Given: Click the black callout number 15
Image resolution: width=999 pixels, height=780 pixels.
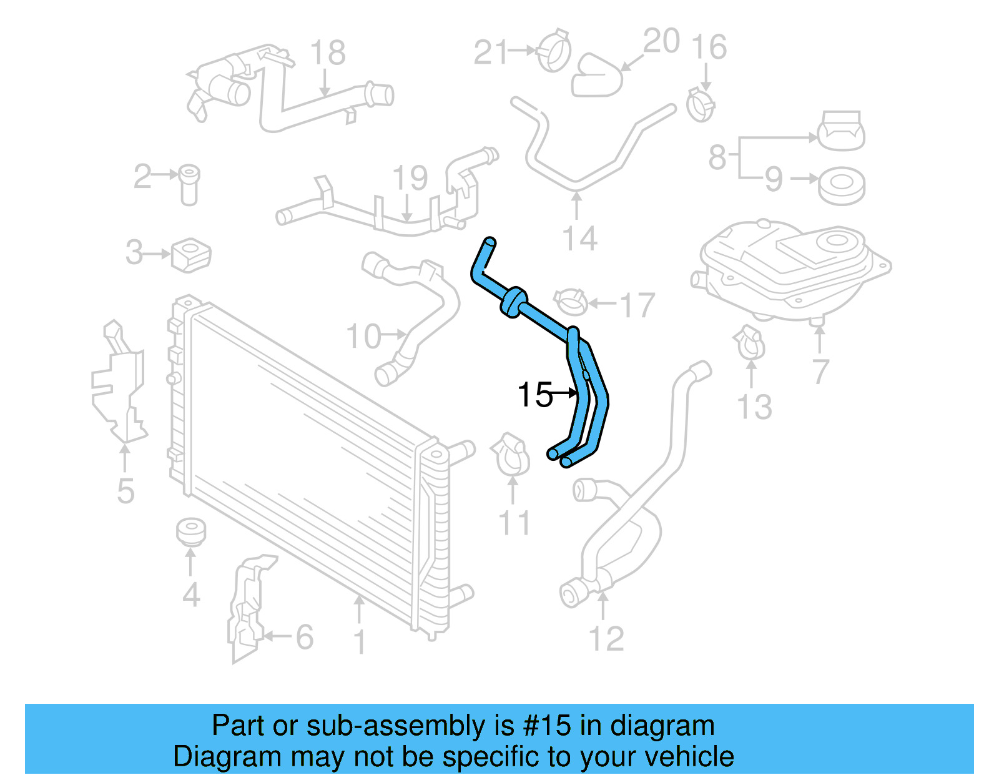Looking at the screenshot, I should [x=534, y=395].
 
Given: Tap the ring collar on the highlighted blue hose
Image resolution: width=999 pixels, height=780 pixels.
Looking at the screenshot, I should [x=513, y=302].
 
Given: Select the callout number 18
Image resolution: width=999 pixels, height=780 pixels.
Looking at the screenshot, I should [x=327, y=53].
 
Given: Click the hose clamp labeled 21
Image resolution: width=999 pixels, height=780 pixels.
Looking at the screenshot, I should [x=554, y=50].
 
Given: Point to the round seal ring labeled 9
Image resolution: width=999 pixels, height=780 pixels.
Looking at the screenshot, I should [x=841, y=185].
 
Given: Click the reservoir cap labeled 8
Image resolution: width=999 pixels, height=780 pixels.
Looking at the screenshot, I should [x=841, y=131].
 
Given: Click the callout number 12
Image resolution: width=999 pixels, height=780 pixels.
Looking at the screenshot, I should [x=606, y=638].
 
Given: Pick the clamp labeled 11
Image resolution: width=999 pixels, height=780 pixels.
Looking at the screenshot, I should [x=512, y=455].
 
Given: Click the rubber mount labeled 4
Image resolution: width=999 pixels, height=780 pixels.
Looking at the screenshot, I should [x=190, y=531].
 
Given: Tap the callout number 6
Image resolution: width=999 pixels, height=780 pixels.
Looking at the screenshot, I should [x=304, y=637].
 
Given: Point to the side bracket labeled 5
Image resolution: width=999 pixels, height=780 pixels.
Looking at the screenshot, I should [x=119, y=387].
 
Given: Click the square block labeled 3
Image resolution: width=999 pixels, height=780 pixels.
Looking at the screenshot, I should [x=191, y=254].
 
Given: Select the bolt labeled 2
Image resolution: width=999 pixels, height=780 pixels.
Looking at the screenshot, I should [x=189, y=184].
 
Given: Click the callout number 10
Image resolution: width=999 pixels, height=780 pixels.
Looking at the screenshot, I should [x=363, y=336].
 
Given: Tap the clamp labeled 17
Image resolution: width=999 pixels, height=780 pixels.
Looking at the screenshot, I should [x=570, y=302].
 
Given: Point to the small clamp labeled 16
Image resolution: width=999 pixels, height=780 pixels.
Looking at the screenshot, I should [x=701, y=104].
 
